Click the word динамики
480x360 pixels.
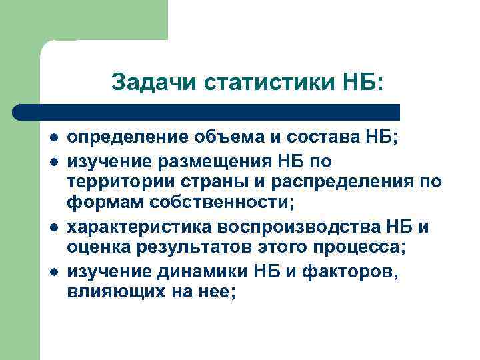(x=207, y=271)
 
